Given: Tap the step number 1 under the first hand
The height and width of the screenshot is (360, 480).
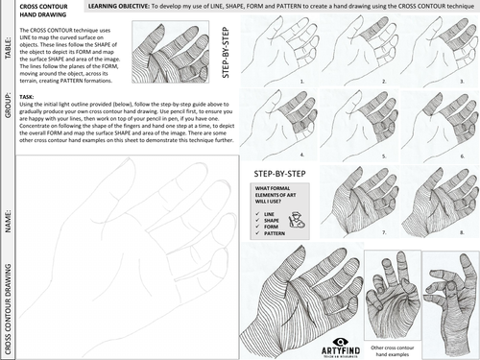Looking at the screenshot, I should coord(300,82).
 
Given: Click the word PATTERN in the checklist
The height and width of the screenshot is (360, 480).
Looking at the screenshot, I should coord(275,234).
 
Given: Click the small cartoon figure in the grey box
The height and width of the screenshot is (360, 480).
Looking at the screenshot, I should coord(300,221).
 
